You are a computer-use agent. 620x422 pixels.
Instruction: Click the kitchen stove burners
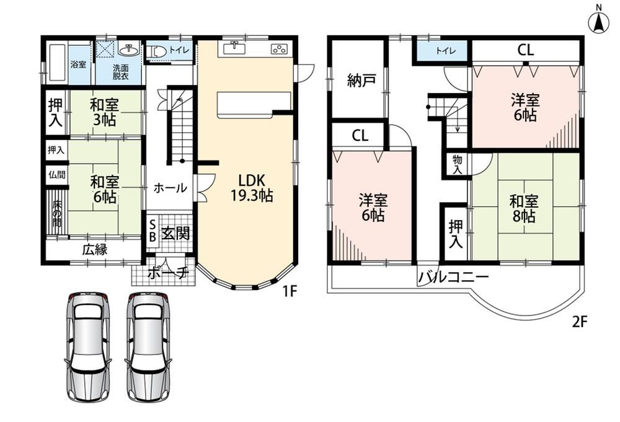click(279, 49)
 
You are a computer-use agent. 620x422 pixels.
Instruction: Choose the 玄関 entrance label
click(175, 234)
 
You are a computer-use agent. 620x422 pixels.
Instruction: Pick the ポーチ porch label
click(167, 273)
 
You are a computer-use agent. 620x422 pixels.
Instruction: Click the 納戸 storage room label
click(361, 81)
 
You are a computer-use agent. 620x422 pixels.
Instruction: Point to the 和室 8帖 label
click(523, 209)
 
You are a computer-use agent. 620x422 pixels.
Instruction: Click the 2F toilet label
click(446, 51)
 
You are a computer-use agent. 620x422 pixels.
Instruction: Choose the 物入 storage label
click(458, 164)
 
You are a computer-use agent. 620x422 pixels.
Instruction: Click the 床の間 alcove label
click(57, 214)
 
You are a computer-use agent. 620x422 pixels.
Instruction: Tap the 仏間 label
click(56, 174)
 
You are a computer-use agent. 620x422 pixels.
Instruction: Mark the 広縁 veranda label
click(95, 250)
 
